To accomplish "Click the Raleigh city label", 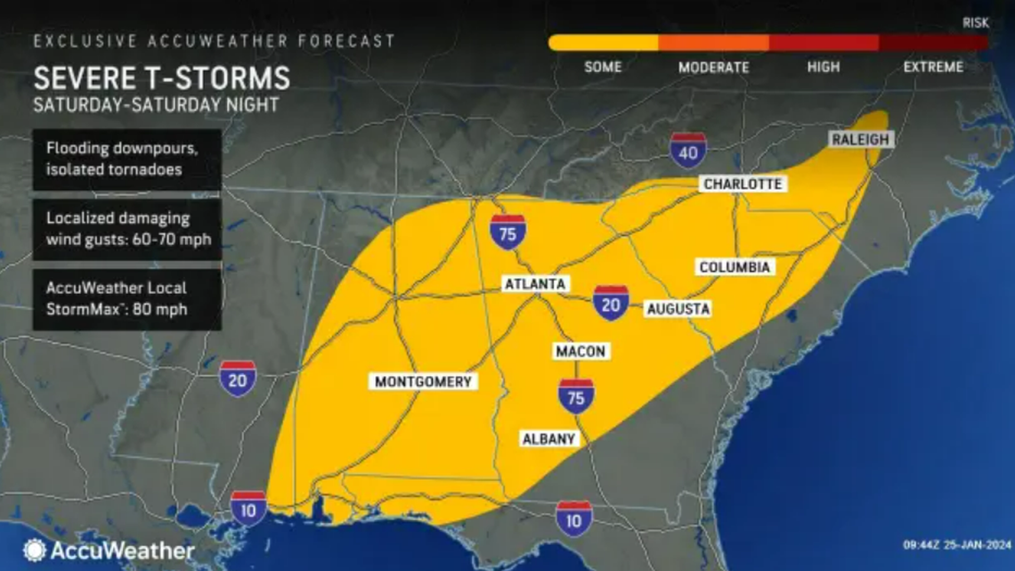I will point(860,140).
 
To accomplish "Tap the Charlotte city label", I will point(742,184).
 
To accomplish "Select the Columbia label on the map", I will point(735,267).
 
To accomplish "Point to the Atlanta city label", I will point(534,284).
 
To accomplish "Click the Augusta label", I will point(678,309).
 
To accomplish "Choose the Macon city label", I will point(580,351).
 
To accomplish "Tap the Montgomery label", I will point(423,381).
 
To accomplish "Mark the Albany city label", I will point(549,438).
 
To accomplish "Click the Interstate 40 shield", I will point(688,151).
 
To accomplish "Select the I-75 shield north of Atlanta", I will point(507,232).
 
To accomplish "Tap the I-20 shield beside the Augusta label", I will point(611,303).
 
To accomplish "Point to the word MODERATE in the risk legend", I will point(713,68).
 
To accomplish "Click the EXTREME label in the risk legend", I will point(932,68).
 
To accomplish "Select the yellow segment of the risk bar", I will point(603,43).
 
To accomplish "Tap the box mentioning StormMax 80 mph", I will point(126,300).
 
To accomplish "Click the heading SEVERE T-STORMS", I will point(161,77).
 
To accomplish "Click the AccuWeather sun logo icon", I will point(34,550).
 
